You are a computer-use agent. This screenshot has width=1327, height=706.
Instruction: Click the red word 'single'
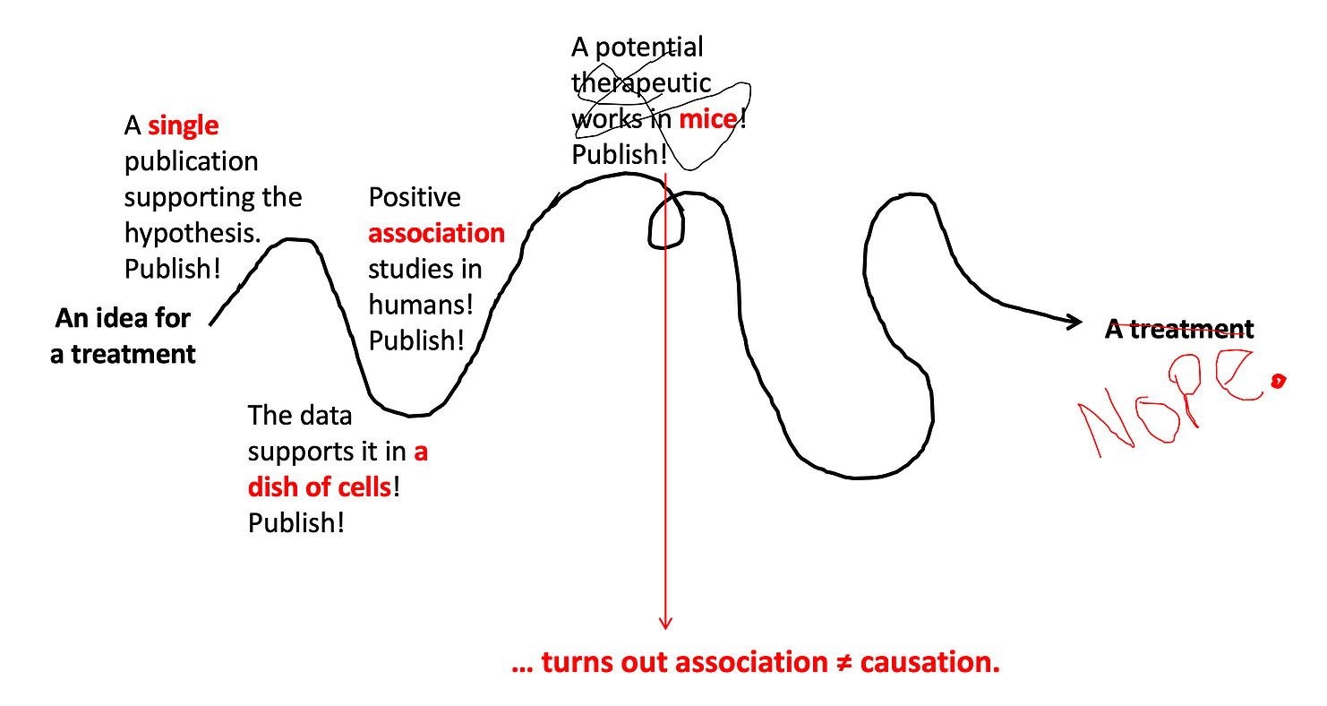183,125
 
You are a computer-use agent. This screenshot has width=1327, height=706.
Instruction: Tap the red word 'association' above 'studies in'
437,233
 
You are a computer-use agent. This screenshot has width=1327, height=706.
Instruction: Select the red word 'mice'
708,119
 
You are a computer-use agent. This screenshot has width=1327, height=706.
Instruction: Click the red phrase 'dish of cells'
320,487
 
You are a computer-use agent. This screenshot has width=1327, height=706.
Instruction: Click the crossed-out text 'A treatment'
1179,329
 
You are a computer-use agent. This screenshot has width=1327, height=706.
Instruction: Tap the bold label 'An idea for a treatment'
123,336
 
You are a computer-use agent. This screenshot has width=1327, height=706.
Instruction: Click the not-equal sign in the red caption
843,662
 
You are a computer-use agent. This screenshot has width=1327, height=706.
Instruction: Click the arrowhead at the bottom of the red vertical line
665,624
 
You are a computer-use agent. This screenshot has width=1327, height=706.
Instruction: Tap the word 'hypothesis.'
193,233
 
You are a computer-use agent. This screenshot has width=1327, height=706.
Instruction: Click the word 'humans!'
421,305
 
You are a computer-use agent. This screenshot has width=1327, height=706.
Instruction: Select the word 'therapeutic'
641,83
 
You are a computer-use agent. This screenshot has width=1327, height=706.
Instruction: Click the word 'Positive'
414,197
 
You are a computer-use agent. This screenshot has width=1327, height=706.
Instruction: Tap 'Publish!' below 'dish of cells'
295,523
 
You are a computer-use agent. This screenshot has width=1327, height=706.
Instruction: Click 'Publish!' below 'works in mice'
619,155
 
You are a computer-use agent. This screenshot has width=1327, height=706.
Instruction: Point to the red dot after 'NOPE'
1279,381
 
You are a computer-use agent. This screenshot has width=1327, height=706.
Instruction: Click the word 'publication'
191,162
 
